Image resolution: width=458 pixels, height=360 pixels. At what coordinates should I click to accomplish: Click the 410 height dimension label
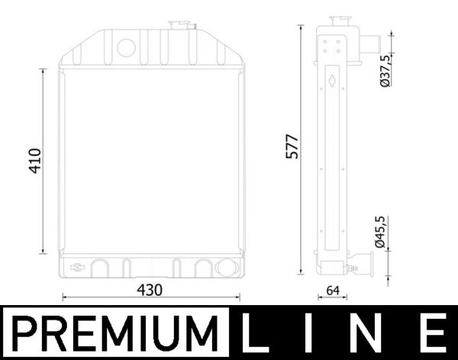point(35,161)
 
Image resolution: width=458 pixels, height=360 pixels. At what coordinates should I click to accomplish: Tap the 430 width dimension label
point(150,290)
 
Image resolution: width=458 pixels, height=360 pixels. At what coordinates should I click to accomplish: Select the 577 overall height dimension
point(292,146)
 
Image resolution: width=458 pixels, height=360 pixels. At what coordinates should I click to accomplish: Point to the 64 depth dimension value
point(333,291)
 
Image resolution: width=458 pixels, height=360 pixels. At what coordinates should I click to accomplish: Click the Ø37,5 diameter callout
point(385,71)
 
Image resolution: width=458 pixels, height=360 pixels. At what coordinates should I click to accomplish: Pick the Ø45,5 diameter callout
point(381,232)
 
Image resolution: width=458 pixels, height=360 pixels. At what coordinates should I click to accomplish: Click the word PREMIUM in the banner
point(115,333)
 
